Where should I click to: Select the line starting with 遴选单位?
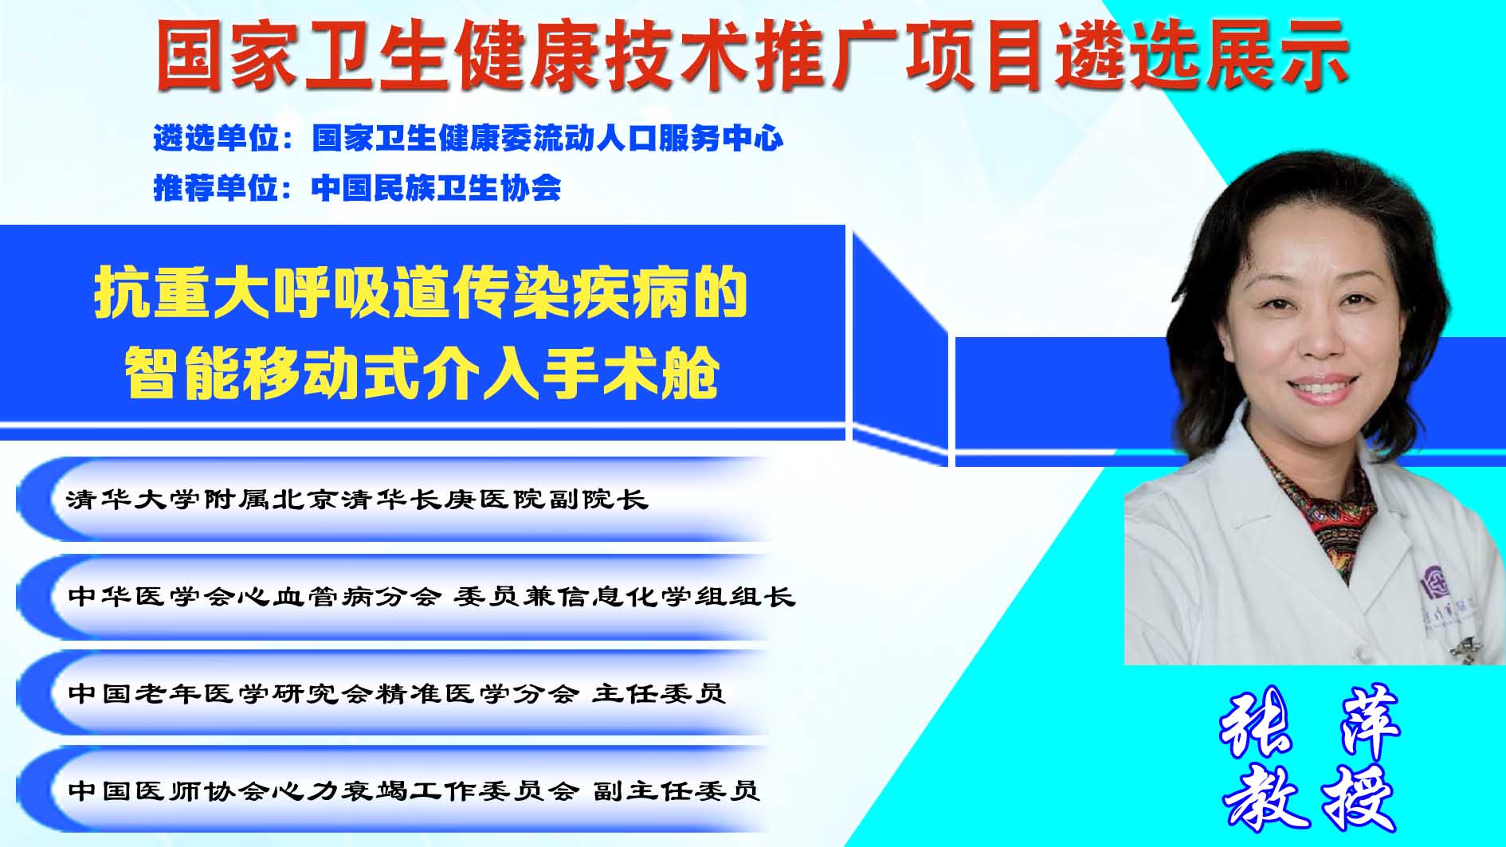469,139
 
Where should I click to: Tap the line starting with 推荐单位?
357,188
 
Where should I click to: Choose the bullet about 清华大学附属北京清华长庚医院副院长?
357,500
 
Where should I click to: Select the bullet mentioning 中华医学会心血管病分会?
431,596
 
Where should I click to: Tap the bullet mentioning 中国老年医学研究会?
396,693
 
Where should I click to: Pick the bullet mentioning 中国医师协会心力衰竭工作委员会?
414,790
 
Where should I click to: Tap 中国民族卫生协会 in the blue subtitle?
437,188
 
